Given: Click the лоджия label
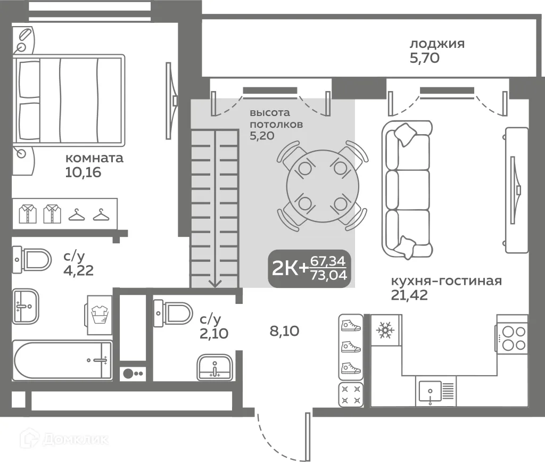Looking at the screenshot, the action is coord(437,44).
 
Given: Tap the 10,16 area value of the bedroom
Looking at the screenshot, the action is coord(83,172).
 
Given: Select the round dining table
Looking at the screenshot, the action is coord(323,186).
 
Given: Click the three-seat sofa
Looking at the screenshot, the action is coord(407,189).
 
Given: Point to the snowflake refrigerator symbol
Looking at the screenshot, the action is coord(385,330).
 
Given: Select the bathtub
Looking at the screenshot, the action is coord(63,360).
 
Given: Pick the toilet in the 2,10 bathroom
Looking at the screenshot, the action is coord(173,313).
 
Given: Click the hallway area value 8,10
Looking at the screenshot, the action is coord(284,331).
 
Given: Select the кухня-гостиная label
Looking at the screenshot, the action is coord(447,280).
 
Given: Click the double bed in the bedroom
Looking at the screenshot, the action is coord(69,100).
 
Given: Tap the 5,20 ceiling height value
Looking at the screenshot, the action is coord(262,136).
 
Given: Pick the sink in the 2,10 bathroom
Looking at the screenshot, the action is coord(215,367).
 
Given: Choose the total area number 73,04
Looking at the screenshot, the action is coord(329,275).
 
